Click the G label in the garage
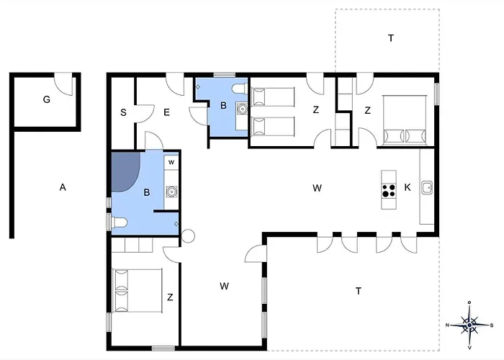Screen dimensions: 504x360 [x=47, y=99]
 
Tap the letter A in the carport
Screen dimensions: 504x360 [x=63, y=187]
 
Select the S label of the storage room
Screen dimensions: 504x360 [x=123, y=112]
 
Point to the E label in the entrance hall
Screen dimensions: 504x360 [x=166, y=112]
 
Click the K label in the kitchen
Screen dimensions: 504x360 [x=408, y=187]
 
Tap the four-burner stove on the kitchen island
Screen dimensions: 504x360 [x=389, y=190]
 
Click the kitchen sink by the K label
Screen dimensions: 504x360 [x=427, y=188]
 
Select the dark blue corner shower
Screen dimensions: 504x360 [x=125, y=171]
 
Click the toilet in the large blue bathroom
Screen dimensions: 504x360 [x=119, y=222]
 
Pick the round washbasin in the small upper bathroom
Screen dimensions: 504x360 [x=241, y=109]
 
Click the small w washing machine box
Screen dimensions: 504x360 [x=171, y=162]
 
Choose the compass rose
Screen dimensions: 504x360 [x=469, y=325]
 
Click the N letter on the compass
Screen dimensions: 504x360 [x=447, y=325]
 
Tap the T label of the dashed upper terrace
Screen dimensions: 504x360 [x=391, y=38]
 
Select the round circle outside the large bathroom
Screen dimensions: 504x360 [x=188, y=236]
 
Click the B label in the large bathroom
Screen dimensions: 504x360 [x=147, y=192]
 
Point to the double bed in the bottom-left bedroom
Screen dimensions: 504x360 [x=137, y=291]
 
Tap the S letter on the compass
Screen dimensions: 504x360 [x=492, y=325]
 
